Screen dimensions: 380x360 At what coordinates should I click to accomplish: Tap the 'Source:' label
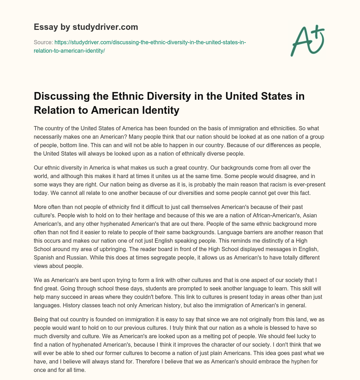43,42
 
